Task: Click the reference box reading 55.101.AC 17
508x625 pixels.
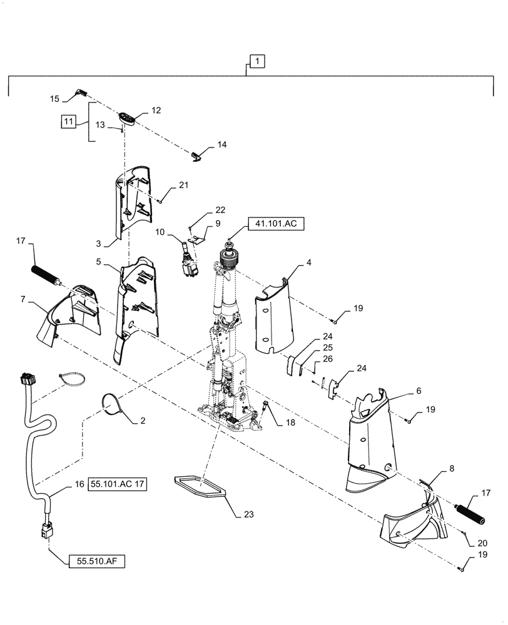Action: (119, 483)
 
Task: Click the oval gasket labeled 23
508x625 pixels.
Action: (200, 486)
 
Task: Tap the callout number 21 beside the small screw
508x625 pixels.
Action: (183, 185)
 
